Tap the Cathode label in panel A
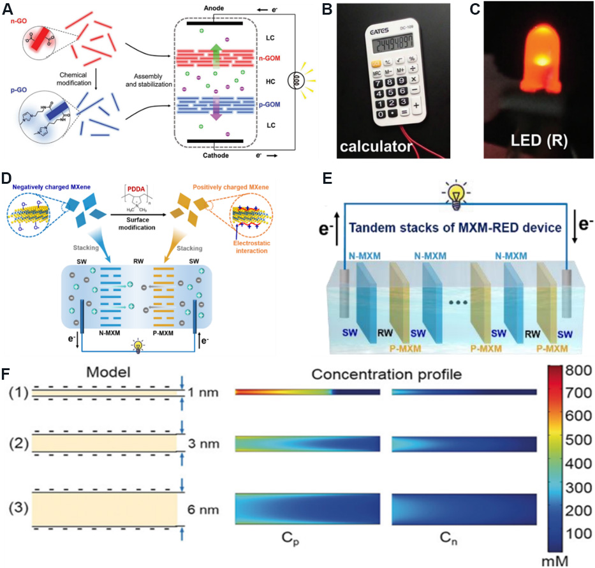(x=208, y=154)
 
